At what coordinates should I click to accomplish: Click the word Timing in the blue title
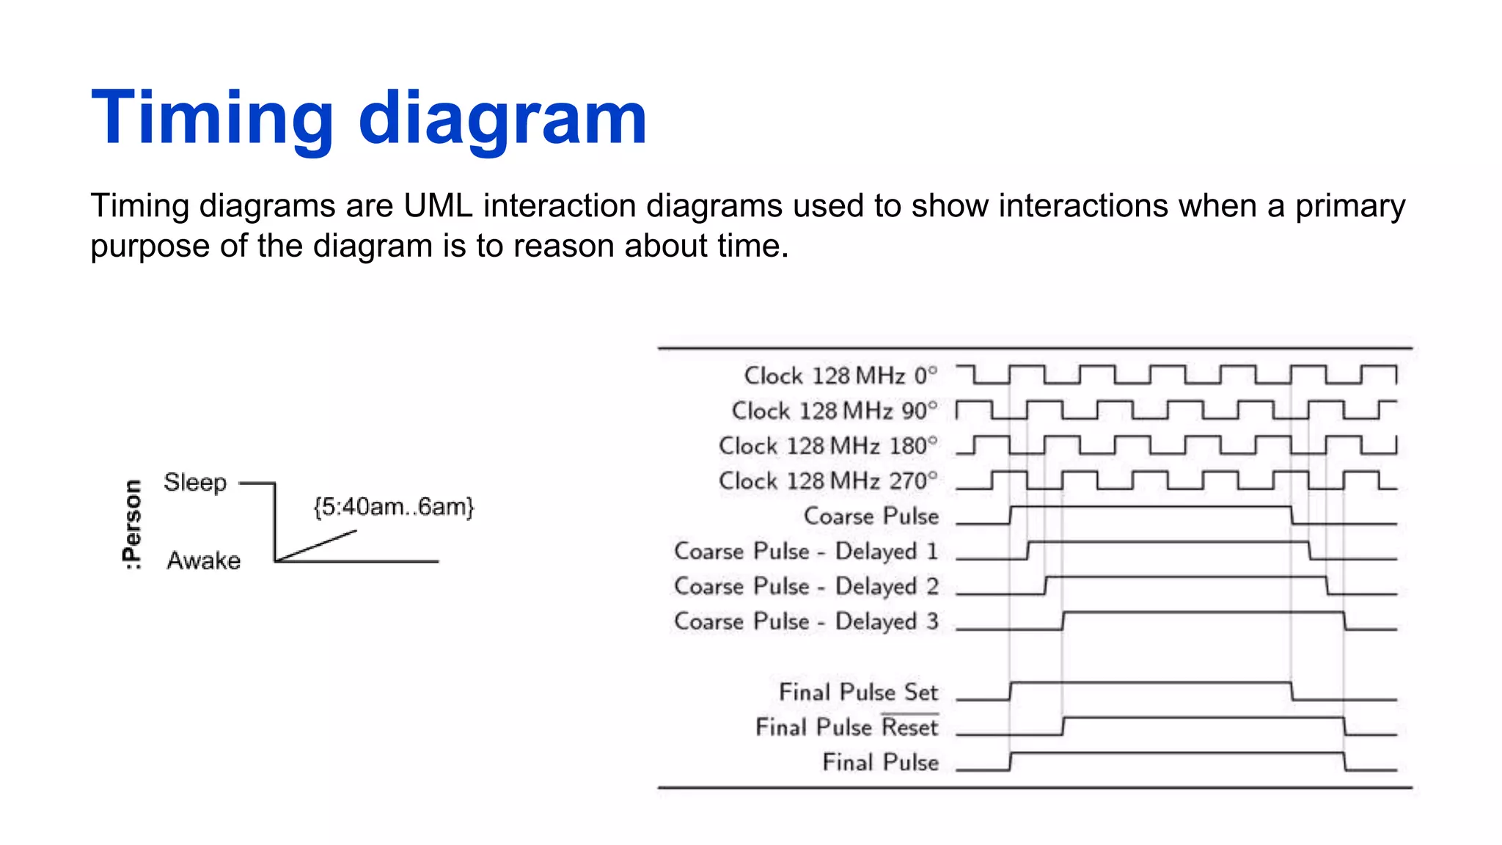click(x=213, y=119)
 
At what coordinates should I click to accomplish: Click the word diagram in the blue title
click(x=502, y=119)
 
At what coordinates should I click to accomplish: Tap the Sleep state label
click(x=195, y=483)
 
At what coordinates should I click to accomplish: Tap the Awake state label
click(x=204, y=560)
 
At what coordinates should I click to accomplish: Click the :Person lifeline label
click(x=132, y=524)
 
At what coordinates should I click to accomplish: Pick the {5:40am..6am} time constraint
click(x=394, y=507)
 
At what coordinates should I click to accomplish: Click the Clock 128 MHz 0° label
click(x=840, y=376)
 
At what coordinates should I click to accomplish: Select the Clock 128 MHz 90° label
click(x=835, y=411)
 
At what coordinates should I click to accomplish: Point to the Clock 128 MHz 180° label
click(x=828, y=446)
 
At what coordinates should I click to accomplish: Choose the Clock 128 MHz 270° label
click(x=828, y=481)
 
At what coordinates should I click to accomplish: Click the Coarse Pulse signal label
click(x=871, y=516)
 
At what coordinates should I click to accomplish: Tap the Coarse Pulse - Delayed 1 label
click(x=806, y=552)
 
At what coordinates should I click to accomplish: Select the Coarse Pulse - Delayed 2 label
click(x=806, y=587)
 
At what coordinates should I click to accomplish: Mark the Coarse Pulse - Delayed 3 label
click(x=806, y=622)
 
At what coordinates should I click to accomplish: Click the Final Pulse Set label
click(x=858, y=692)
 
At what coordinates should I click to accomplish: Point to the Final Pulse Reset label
click(x=847, y=728)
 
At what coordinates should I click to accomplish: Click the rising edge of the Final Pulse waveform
click(x=1011, y=761)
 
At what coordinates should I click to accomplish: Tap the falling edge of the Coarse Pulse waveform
click(x=1292, y=515)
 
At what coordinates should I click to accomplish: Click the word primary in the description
click(x=1349, y=206)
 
